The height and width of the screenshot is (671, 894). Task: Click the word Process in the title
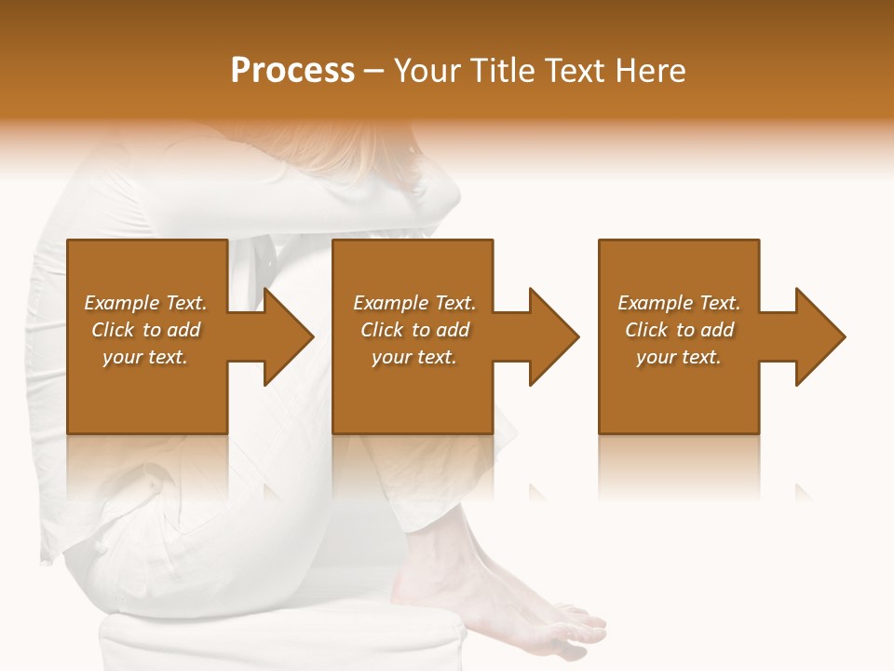click(x=292, y=71)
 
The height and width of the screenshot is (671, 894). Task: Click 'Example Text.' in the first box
click(x=145, y=303)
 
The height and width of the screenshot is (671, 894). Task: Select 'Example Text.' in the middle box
click(x=413, y=303)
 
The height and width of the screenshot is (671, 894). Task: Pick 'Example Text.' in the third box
click(x=679, y=303)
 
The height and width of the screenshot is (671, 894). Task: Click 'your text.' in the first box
click(x=145, y=357)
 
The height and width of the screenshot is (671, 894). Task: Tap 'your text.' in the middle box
click(x=413, y=357)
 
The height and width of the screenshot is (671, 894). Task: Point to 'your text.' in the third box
click(x=679, y=357)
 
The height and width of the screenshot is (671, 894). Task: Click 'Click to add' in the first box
click(x=145, y=330)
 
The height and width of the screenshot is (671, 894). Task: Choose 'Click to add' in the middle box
click(x=413, y=330)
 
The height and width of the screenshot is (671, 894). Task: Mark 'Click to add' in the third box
click(x=679, y=330)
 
